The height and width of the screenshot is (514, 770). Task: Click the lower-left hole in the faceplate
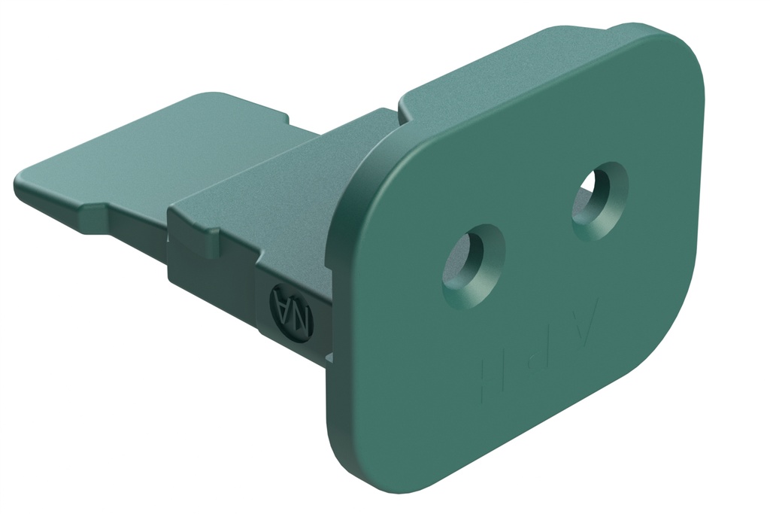[473, 266]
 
